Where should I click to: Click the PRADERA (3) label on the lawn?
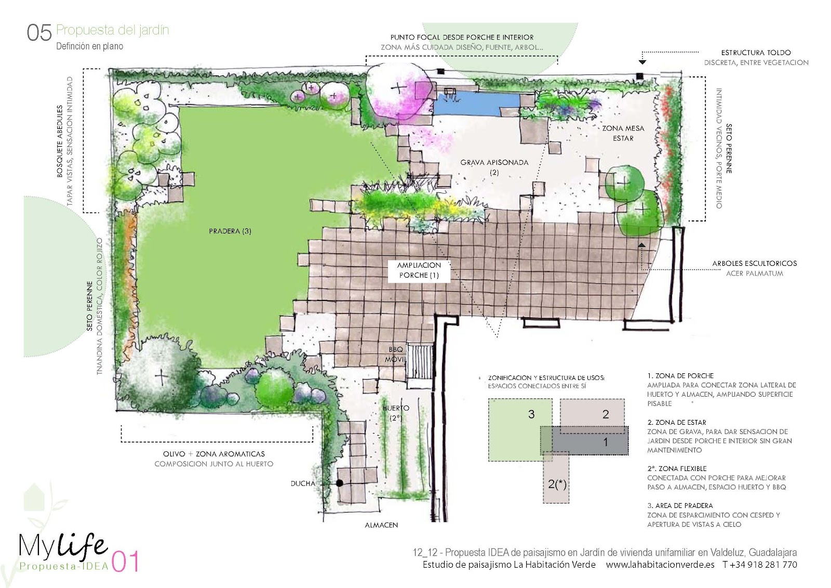230,231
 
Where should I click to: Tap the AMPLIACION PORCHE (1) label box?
419,270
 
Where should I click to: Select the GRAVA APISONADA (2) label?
494,167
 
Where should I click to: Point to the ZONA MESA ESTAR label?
623,133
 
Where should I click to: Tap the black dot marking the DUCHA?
340,483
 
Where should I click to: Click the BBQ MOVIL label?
395,355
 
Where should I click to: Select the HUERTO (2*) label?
396,413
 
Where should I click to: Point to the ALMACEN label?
381,525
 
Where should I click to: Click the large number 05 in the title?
39,33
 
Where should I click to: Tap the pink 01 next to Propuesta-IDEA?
125,561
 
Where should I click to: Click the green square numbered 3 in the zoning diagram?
519,430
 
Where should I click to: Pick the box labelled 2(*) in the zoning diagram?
556,477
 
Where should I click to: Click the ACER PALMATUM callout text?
755,273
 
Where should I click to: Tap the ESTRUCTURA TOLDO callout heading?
756,53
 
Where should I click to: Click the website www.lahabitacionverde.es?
660,565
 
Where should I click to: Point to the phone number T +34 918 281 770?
760,565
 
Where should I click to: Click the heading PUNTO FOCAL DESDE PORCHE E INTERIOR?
462,37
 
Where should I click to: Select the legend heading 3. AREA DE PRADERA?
680,505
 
